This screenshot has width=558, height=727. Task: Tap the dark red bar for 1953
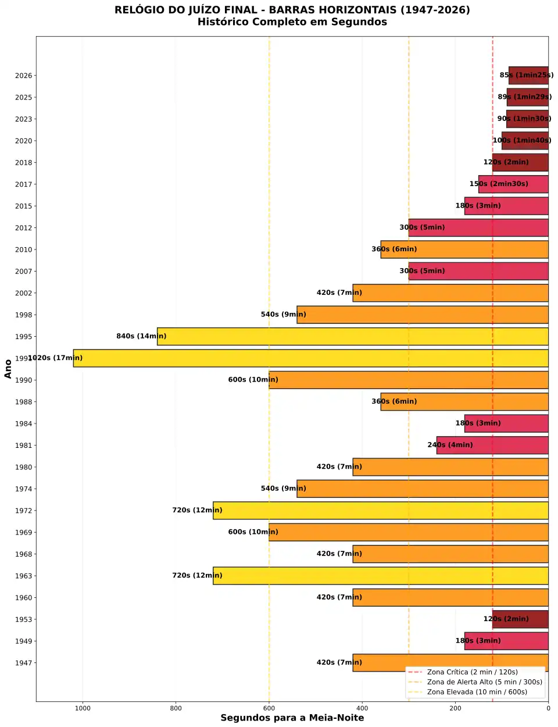520,619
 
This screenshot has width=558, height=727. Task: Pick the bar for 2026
528,76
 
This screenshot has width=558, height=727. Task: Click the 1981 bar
492,446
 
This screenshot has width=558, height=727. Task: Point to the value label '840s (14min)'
141,336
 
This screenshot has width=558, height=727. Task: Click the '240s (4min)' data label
450,445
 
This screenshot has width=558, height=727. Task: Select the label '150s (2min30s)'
499,184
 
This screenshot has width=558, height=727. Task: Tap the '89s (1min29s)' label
524,97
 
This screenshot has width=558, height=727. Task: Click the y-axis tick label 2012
24,228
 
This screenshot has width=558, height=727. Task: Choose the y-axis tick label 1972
24,511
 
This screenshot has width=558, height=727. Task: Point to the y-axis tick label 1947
24,663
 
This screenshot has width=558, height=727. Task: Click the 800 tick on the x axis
176,708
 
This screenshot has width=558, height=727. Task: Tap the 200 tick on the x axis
455,708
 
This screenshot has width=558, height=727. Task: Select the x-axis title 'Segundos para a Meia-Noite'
292,718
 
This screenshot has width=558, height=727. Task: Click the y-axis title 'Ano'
8,369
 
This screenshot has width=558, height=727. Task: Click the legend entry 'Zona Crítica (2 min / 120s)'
472,672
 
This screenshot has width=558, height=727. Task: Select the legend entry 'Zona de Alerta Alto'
484,682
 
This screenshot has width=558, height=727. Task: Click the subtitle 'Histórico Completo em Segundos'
292,22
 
